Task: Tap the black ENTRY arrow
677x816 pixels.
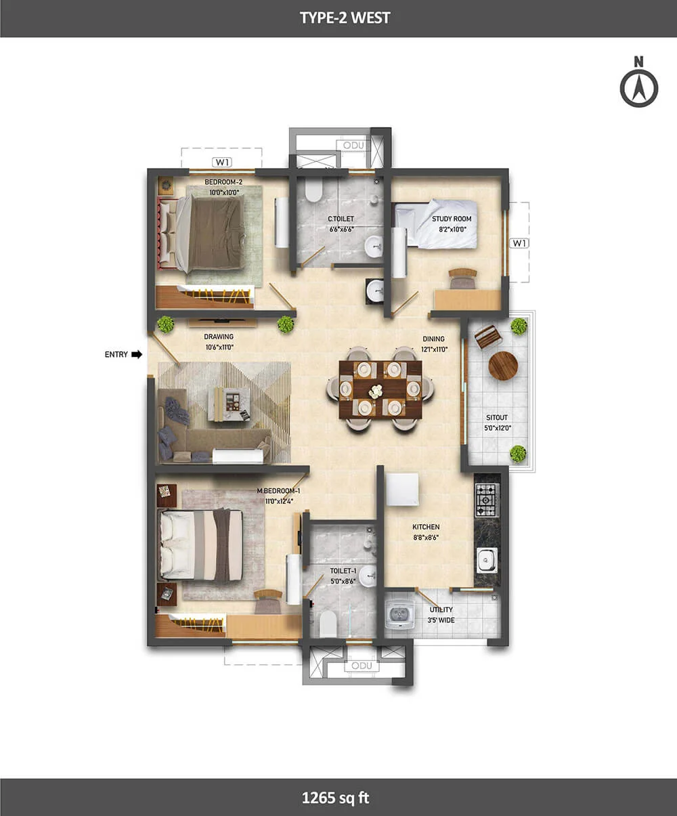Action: [x=137, y=354]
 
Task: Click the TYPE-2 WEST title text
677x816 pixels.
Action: [x=345, y=18]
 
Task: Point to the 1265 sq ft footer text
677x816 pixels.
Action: [x=335, y=798]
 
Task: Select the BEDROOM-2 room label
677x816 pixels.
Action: [x=223, y=182]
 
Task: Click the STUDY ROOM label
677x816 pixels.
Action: [x=452, y=219]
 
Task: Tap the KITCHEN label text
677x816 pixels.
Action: [x=426, y=528]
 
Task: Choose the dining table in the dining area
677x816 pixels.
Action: [x=380, y=389]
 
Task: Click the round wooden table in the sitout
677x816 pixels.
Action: [x=503, y=366]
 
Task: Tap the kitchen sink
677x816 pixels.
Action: [x=487, y=561]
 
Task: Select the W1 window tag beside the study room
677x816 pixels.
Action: [x=519, y=243]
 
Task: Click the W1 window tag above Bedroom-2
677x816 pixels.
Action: [x=222, y=162]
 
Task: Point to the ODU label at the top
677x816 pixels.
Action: [x=353, y=146]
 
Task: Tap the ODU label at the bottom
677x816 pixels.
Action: [x=362, y=666]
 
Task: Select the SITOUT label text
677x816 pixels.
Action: [x=497, y=418]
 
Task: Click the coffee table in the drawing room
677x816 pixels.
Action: [x=229, y=404]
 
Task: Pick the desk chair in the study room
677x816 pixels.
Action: [x=462, y=278]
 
